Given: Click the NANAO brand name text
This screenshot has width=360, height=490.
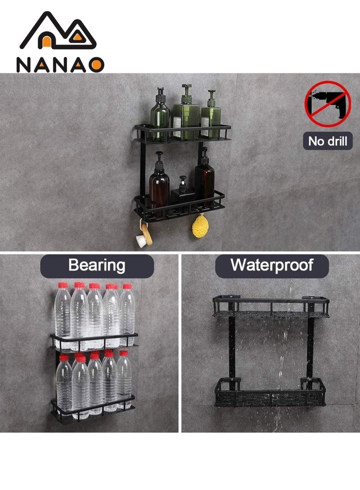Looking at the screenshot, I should (60, 65).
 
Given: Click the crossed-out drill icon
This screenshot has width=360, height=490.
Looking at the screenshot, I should (327, 104).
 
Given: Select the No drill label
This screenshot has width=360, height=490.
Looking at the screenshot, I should (328, 142).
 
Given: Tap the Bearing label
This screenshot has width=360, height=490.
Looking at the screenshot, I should (97, 265).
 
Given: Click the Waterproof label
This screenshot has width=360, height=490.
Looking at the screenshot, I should (271, 265).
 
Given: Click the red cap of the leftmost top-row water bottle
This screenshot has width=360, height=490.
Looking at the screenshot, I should (63, 285).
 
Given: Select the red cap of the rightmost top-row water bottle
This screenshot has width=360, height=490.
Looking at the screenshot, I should (127, 286).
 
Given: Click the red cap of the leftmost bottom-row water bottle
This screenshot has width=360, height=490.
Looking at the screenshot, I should (64, 357).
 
